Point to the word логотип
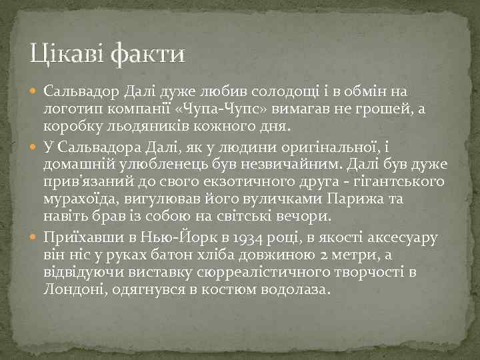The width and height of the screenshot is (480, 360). [x=70, y=108]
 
